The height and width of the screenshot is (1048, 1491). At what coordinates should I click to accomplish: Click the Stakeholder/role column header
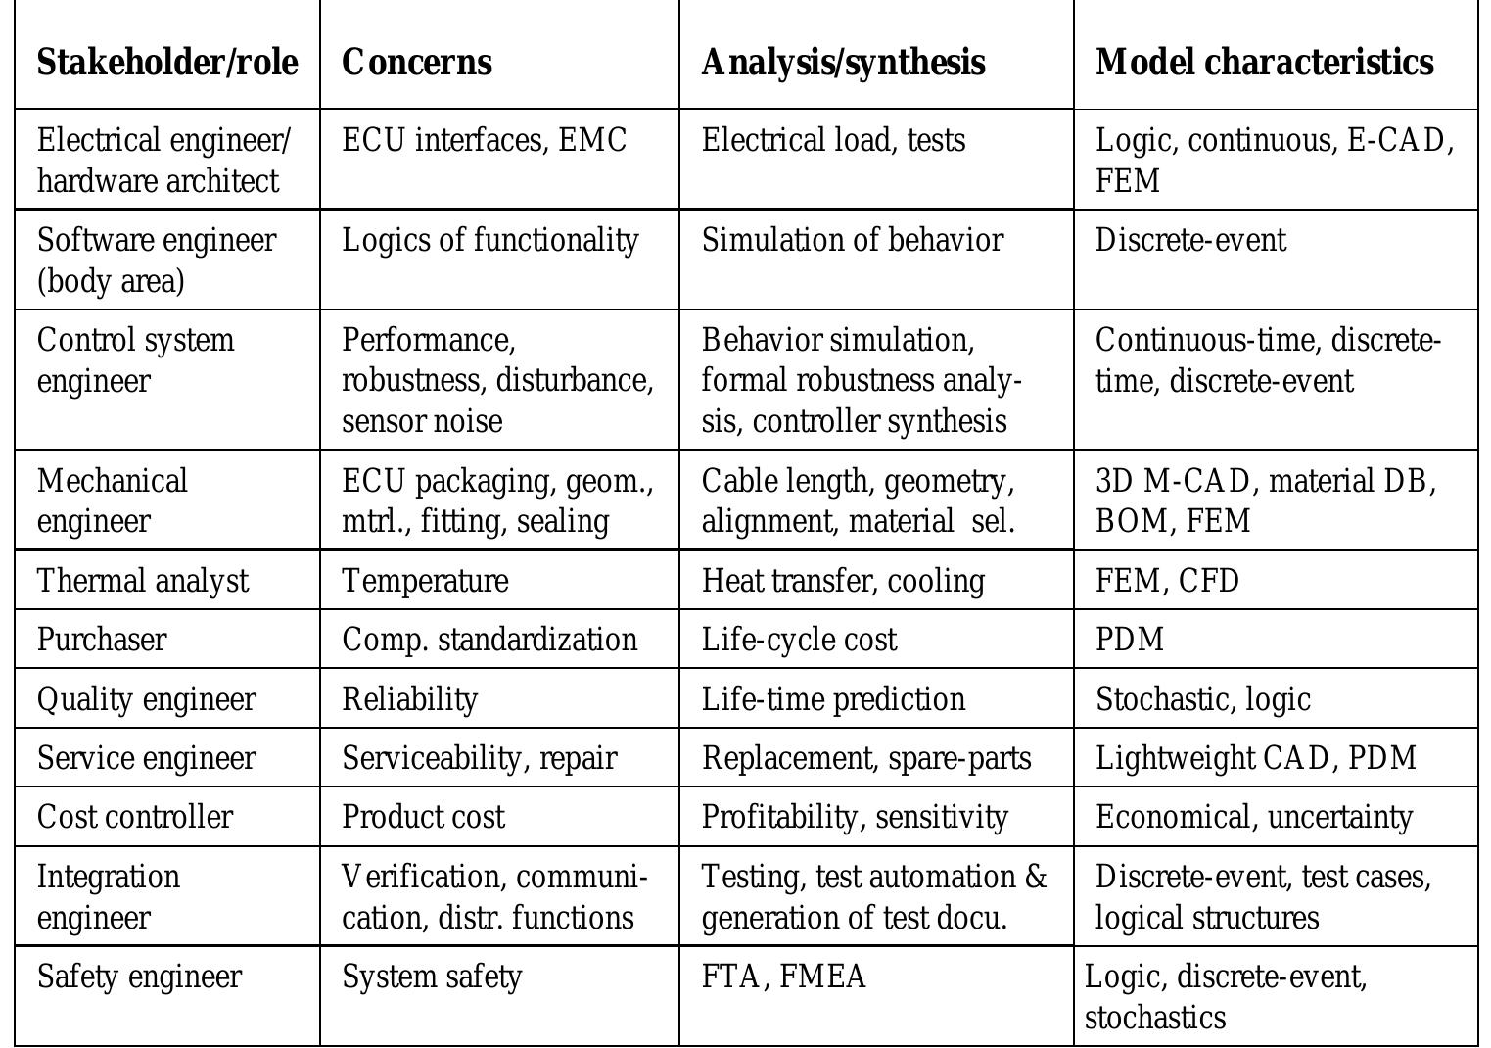click(x=167, y=62)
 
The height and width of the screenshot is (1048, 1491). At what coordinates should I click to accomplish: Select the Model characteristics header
click(x=1264, y=62)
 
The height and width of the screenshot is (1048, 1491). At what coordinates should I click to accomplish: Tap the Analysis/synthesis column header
click(x=843, y=62)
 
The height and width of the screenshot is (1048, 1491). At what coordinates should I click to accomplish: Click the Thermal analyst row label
click(x=143, y=581)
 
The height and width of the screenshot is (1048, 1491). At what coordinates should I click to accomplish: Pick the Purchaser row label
click(x=102, y=640)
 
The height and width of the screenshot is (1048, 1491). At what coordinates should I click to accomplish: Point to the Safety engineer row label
click(x=139, y=977)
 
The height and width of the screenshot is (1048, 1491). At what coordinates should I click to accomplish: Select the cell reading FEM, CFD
click(x=1167, y=581)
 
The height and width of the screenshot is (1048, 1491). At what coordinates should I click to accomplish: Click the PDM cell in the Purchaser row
click(x=1130, y=640)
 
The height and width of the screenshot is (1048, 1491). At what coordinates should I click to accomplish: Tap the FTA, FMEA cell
click(x=783, y=977)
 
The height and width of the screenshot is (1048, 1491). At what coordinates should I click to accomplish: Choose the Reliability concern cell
click(x=409, y=699)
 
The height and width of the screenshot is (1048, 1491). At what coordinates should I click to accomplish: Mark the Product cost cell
click(x=423, y=817)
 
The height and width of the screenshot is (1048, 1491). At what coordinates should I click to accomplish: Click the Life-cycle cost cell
click(x=799, y=640)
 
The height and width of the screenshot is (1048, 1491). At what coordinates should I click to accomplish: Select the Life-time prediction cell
click(x=833, y=699)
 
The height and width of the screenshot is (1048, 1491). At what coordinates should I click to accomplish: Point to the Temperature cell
click(x=425, y=581)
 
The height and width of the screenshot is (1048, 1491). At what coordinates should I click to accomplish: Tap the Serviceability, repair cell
click(x=479, y=758)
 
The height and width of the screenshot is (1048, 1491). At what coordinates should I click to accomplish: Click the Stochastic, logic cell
click(x=1202, y=699)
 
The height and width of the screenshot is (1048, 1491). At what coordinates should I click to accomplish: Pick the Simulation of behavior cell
click(x=852, y=240)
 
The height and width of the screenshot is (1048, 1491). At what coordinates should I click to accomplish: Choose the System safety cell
click(x=432, y=977)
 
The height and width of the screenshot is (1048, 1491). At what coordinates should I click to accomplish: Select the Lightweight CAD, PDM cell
click(x=1255, y=758)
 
